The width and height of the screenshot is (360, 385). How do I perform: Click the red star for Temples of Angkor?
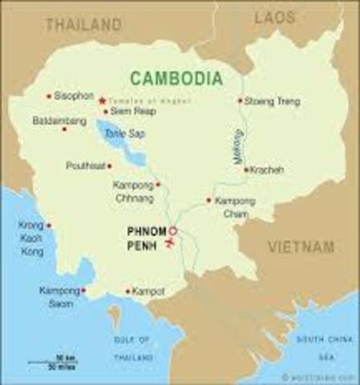click(x=102, y=100)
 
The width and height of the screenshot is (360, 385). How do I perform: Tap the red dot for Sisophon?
click(x=49, y=96)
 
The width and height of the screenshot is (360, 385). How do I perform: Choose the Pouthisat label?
click(x=86, y=166)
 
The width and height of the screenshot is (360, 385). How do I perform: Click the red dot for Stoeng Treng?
click(x=240, y=101)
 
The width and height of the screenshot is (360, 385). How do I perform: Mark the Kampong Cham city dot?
click(x=208, y=200)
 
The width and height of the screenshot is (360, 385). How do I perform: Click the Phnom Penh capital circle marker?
click(x=172, y=231)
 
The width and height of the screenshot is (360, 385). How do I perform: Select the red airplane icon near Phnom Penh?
click(x=169, y=241)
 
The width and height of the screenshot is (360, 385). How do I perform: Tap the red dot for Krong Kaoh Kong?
click(x=49, y=225)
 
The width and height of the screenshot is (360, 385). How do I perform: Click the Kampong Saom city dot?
click(x=83, y=290)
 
